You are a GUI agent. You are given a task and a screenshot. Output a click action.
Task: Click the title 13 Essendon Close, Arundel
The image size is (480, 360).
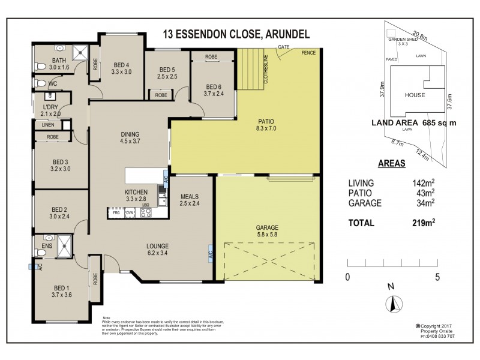tap(240, 34)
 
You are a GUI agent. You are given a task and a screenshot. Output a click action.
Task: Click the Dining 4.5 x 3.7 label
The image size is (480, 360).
tap(130, 138)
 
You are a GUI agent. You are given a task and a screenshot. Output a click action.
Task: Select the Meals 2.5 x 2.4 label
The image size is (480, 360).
tap(189, 200)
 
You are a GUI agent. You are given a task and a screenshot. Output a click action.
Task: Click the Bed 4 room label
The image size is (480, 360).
tap(121, 68)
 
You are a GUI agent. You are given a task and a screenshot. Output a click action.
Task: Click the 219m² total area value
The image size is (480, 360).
tap(424, 223)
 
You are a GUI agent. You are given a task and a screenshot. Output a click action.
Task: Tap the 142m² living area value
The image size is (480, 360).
tap(424, 183)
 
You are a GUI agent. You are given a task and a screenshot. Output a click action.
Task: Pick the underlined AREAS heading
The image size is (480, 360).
tap(391, 163)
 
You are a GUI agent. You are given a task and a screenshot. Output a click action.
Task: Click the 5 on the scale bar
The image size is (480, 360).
tap(437, 277)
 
